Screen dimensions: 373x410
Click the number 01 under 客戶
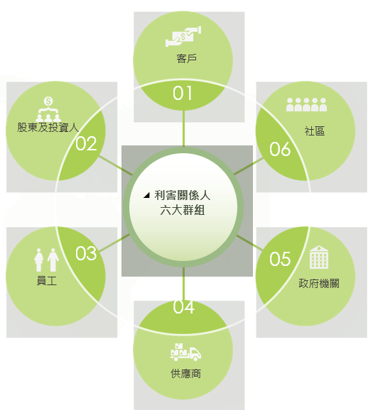tap(183, 94)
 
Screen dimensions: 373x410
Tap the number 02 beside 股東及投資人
tap(86, 143)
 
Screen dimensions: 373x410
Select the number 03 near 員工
tap(86, 253)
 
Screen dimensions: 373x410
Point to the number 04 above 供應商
tap(183, 306)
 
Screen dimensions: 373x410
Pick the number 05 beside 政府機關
tap(280, 259)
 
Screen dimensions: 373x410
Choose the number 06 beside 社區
tap(280, 149)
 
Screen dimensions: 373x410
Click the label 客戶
tap(186, 59)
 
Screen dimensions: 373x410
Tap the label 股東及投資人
tap(48, 128)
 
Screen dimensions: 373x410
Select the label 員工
tap(47, 281)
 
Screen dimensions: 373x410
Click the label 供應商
tap(185, 374)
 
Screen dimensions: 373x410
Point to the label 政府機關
tap(319, 284)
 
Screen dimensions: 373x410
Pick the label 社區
tap(315, 131)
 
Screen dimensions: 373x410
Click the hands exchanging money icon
tap(183, 36)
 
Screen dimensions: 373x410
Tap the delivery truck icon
tap(185, 353)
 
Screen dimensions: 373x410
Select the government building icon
tap(319, 257)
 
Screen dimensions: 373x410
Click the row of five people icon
tap(306, 105)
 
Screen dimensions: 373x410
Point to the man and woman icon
tap(47, 260)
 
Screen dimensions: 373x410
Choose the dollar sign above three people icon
tap(48, 109)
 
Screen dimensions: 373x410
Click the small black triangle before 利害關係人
tap(146, 195)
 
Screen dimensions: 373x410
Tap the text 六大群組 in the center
tap(183, 210)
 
